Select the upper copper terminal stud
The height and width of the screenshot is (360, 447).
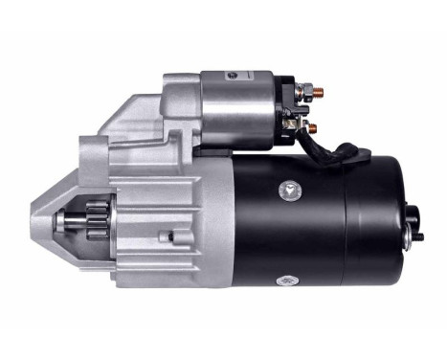[318, 92]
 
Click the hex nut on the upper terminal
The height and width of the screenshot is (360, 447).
[305, 92]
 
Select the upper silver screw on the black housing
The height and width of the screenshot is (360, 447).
[287, 189]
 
